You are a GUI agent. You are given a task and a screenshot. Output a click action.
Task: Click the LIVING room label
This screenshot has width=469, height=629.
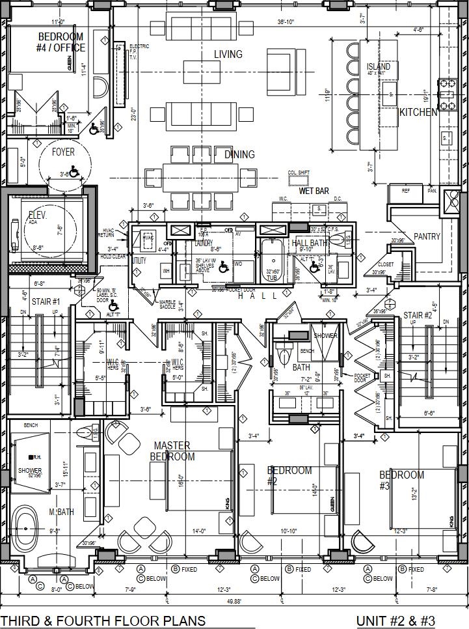pyautogui.click(x=228, y=54)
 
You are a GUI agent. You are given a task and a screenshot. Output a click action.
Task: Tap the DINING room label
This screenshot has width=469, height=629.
pyautogui.click(x=239, y=155)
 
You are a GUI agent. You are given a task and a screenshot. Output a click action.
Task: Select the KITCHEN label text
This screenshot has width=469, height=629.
pyautogui.click(x=418, y=113)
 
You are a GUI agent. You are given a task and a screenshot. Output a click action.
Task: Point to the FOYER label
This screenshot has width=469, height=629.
pyautogui.click(x=63, y=152)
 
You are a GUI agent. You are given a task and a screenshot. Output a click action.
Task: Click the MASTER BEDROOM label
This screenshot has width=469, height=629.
pyautogui.click(x=172, y=451)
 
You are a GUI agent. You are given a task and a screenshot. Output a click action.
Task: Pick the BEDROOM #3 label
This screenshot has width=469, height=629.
pyautogui.click(x=401, y=479)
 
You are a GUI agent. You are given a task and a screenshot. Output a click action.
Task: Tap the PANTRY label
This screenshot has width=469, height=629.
pyautogui.click(x=427, y=237)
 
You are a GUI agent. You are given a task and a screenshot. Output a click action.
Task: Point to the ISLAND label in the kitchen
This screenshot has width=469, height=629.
pyautogui.click(x=379, y=67)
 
